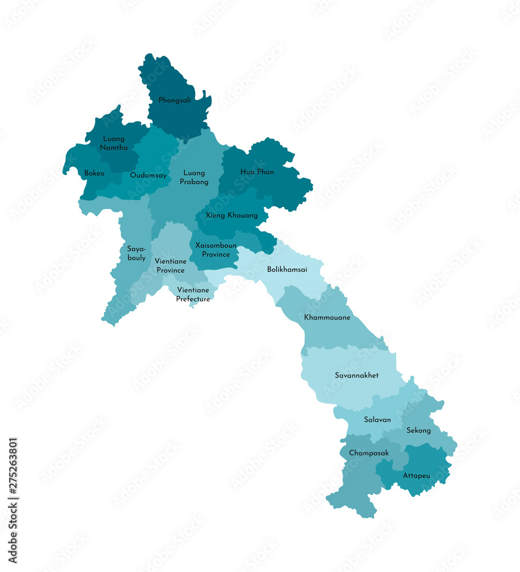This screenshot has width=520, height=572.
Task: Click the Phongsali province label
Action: (x=174, y=100)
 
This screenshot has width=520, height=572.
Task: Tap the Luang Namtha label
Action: (x=114, y=143)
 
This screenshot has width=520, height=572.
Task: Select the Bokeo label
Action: (x=94, y=173)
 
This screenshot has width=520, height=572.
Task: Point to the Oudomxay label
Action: (x=148, y=176)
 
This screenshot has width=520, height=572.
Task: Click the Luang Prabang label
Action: (x=194, y=177)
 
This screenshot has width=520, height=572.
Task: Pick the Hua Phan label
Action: (x=257, y=172)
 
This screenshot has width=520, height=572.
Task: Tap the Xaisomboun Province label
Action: (x=216, y=250)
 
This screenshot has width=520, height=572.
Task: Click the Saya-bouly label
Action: (x=136, y=253)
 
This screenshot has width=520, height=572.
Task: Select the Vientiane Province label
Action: (x=170, y=265)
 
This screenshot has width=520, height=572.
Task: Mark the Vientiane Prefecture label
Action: (x=193, y=295)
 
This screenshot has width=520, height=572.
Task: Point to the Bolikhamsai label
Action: (x=287, y=269)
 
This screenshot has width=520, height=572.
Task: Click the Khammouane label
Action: (x=327, y=317)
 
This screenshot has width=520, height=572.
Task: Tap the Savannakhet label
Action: (x=356, y=375)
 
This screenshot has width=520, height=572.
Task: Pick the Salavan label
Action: (x=378, y=419)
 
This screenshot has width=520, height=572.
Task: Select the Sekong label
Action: (x=418, y=430)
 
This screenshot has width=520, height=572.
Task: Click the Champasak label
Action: (x=369, y=453)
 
